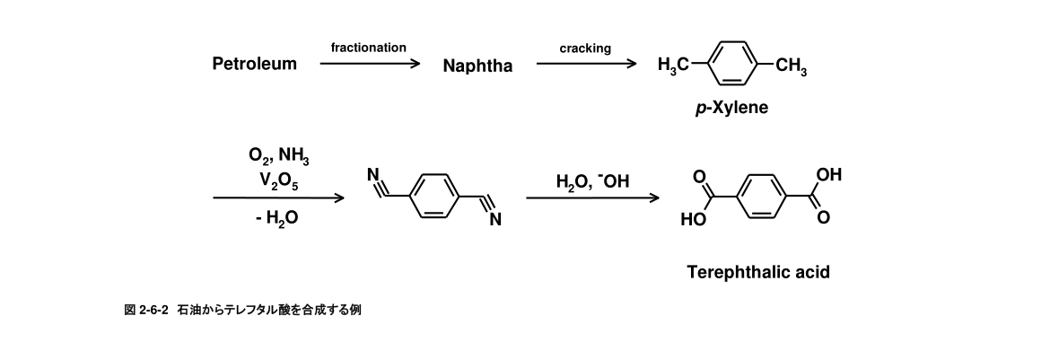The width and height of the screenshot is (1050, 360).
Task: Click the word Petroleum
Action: coord(254,65)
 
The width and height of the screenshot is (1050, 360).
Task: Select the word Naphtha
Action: coord(477,66)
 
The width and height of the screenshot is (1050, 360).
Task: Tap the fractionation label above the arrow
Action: coord(369,48)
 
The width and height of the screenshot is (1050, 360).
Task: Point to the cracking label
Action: coord(585,48)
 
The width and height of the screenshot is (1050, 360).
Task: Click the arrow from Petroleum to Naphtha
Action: coord(370,65)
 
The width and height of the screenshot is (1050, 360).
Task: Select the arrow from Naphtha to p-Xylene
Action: coord(586,65)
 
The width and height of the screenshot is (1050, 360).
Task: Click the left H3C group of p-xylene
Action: coord(674,65)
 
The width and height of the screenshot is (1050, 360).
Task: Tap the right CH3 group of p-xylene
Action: coord(791,65)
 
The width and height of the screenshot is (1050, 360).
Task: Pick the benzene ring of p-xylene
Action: coord(731,63)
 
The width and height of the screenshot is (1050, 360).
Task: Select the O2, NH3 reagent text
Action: coord(278,158)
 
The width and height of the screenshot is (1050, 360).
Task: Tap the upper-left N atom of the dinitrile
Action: coord(376,177)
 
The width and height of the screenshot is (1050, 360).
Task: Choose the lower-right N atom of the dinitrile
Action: coord(494,221)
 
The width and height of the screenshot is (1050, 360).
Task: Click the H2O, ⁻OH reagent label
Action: coord(593,183)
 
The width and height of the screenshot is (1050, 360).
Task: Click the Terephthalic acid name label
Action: coord(757,272)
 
